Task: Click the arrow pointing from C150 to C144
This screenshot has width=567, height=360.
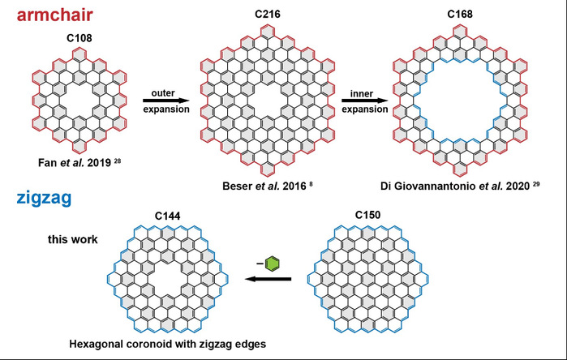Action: coord(267,279)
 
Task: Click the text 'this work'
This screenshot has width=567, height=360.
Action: coord(62,240)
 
